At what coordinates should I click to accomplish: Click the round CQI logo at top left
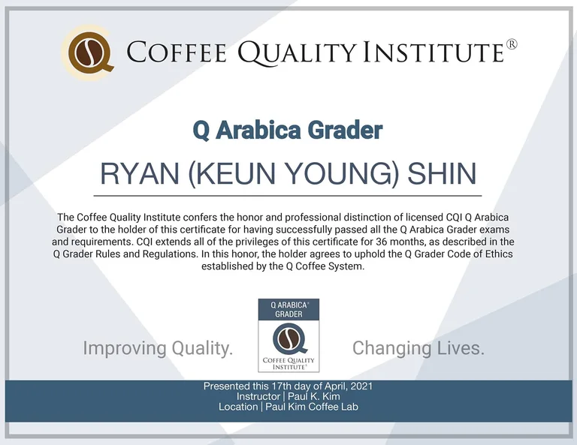pyautogui.click(x=89, y=53)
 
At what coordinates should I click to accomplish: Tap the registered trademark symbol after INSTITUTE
pyautogui.click(x=512, y=44)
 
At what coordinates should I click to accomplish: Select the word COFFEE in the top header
pyautogui.click(x=177, y=52)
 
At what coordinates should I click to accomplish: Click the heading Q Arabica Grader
pyautogui.click(x=288, y=130)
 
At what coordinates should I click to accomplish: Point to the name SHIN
pyautogui.click(x=443, y=173)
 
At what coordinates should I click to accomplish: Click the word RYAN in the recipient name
pyautogui.click(x=140, y=173)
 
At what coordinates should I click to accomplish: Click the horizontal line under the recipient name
pyautogui.click(x=288, y=196)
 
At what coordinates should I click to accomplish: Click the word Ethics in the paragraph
pyautogui.click(x=499, y=254)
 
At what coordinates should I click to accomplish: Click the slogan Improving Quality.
pyautogui.click(x=158, y=347)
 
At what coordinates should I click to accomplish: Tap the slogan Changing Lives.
pyautogui.click(x=418, y=347)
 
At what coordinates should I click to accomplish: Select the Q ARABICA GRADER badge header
pyautogui.click(x=288, y=309)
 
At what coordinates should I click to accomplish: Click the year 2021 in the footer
pyautogui.click(x=361, y=386)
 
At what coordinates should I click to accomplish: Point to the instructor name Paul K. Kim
pyautogui.click(x=314, y=396)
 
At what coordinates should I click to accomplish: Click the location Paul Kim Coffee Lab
pyautogui.click(x=312, y=407)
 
